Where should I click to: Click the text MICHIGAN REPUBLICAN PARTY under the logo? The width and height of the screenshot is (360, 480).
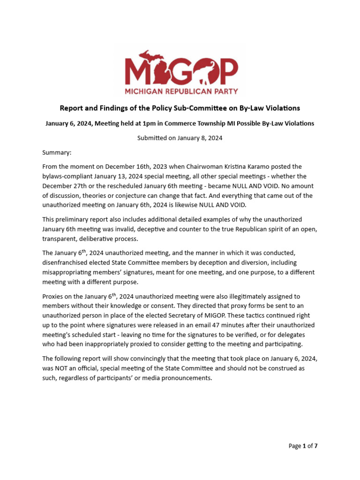coord(180,91)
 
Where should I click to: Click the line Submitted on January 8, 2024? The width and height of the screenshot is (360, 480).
coord(180,138)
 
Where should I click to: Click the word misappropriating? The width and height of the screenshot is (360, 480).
coord(71,272)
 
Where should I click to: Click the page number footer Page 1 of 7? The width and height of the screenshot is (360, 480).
coord(303,446)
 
